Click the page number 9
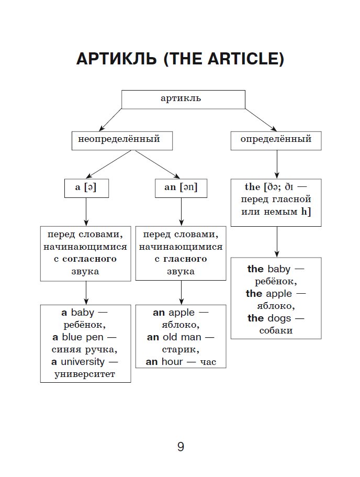pyautogui.click(x=181, y=447)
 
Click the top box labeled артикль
pyautogui.click(x=183, y=99)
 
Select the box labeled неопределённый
pyautogui.click(x=122, y=140)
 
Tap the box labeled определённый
pyautogui.click(x=276, y=140)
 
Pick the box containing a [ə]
pyautogui.click(x=86, y=187)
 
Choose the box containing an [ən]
pyautogui.click(x=181, y=187)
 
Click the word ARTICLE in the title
pyautogui.click(x=242, y=59)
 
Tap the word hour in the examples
pyautogui.click(x=172, y=362)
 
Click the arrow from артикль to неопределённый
pyautogui.click(x=111, y=118)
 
